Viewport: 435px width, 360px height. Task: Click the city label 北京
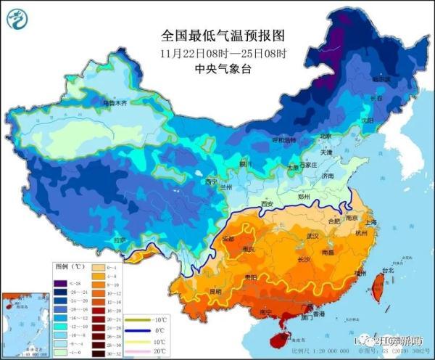click(x=325, y=136)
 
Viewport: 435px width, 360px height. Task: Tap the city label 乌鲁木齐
click(x=113, y=104)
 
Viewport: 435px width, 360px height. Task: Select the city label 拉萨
click(x=119, y=240)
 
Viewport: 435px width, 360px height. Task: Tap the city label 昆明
click(x=215, y=292)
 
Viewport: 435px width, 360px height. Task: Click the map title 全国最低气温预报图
click(x=220, y=35)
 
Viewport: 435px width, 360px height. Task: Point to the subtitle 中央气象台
click(x=220, y=69)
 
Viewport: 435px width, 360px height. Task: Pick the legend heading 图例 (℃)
click(x=71, y=266)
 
